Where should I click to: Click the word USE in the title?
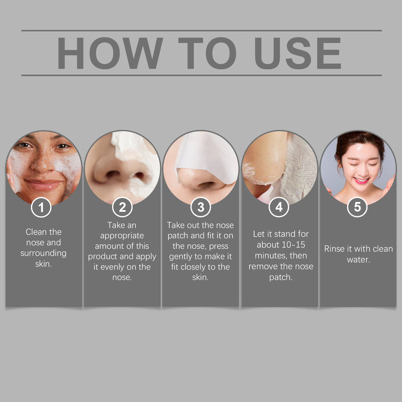297,53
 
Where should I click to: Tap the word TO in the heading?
207,53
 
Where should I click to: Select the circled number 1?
42,207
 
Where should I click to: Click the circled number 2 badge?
122,207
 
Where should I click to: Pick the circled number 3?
200,207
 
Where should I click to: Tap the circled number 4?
279,207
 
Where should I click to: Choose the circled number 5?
357,207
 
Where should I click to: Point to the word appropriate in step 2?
122,235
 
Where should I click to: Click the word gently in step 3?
181,256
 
